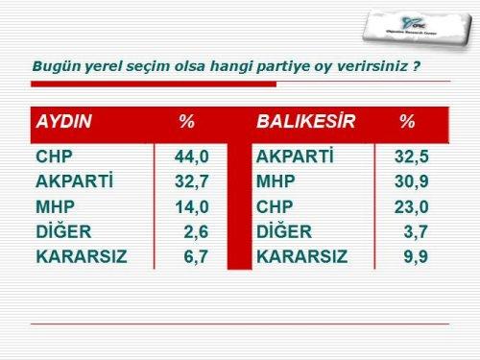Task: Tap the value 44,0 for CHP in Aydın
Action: coord(192,156)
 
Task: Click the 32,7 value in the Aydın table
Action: coord(192,180)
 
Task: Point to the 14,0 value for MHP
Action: coord(192,205)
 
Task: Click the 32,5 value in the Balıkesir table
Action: coord(412,156)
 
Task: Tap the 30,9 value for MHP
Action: coord(412,180)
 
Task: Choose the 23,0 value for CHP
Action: coord(412,205)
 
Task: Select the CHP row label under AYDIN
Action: coord(55,156)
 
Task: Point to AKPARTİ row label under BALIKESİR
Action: coord(295,156)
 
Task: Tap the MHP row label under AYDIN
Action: coord(55,205)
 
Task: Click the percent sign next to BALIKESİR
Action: coord(407,123)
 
